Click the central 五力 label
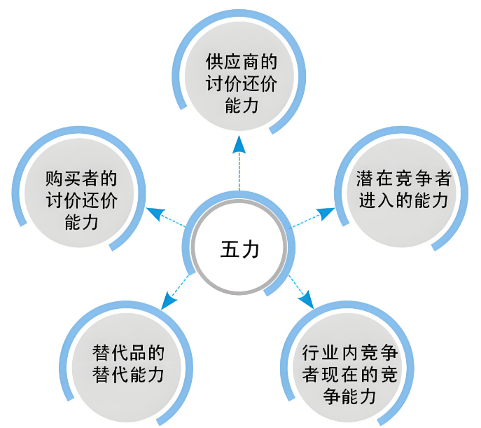(239, 249)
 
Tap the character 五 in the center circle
(230, 249)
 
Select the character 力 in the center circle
(250, 249)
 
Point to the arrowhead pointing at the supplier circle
(239, 143)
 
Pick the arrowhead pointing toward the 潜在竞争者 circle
(326, 212)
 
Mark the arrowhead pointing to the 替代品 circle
(169, 302)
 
